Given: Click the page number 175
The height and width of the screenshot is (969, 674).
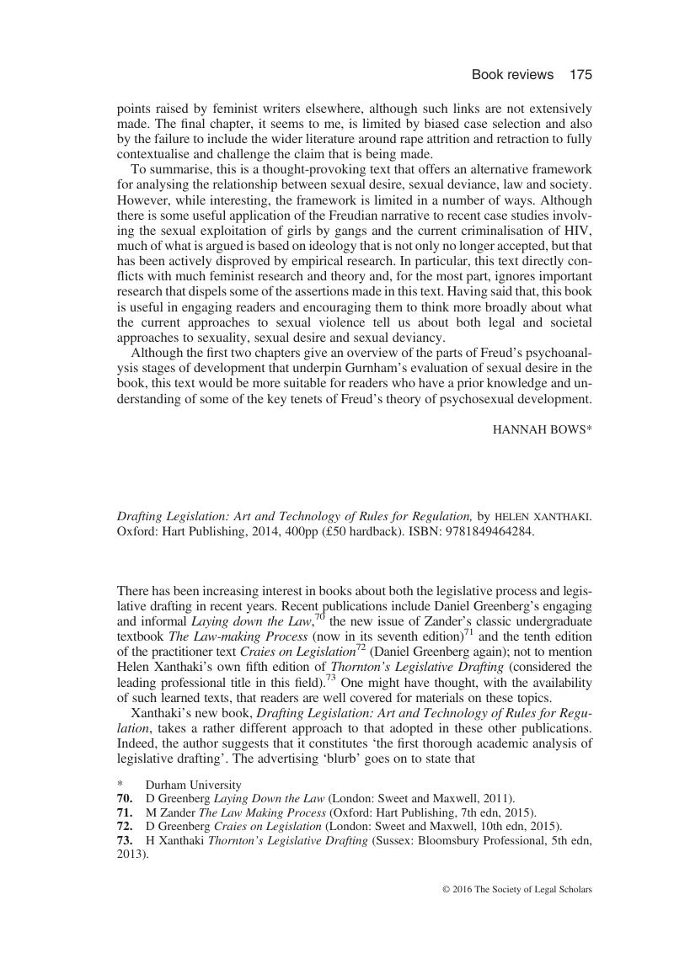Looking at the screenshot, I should coord(580,75).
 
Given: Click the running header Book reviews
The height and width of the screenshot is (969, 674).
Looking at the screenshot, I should coord(512,75).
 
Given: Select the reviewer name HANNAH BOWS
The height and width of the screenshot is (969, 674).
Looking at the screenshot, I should coord(541,429).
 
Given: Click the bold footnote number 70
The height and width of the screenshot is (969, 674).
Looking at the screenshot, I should coord(125,798).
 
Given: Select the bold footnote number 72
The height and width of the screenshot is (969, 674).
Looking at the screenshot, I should coord(125,826).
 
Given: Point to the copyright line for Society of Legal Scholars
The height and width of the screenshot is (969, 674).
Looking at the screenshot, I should coord(516,889).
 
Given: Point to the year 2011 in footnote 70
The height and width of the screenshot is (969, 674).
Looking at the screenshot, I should coord(495,798).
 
